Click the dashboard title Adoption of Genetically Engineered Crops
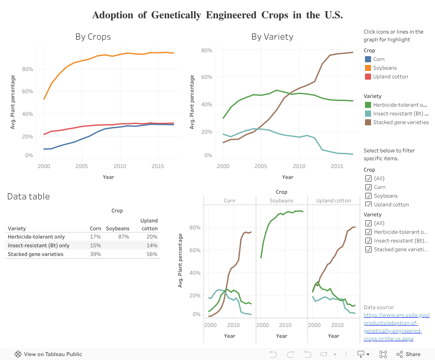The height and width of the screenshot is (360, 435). click(217, 15)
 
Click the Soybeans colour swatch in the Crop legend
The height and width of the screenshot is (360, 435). click(368, 68)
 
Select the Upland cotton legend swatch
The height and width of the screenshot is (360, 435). click(368, 77)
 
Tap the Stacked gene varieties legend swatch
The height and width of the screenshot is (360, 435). click(368, 122)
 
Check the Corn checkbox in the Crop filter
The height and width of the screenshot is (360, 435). click(368, 187)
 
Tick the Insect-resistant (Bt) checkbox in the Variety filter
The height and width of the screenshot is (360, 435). click(368, 241)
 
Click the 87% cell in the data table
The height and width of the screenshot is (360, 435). click(124, 237)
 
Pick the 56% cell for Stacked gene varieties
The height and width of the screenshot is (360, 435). click(152, 254)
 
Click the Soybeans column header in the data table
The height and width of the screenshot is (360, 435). click(117, 229)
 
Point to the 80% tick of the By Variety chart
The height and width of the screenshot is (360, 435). click(207, 50)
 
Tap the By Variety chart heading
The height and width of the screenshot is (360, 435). click(272, 37)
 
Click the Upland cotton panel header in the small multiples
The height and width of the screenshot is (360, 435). click(334, 201)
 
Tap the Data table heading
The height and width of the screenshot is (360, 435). click(28, 196)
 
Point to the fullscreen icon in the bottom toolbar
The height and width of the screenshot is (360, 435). click(383, 354)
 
